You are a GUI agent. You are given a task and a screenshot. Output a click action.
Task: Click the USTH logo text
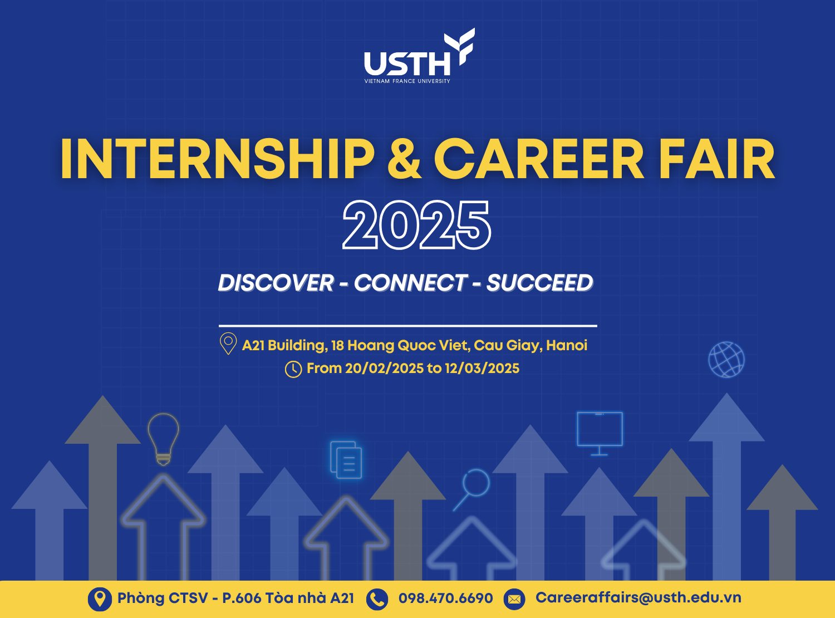[407, 63]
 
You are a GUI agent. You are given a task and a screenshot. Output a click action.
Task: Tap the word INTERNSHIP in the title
[217, 159]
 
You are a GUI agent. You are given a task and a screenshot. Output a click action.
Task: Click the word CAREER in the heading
[539, 159]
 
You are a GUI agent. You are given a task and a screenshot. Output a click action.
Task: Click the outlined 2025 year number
[417, 225]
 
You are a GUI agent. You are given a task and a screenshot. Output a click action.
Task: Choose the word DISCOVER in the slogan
[276, 283]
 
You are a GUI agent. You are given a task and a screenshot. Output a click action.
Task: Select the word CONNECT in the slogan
[410, 283]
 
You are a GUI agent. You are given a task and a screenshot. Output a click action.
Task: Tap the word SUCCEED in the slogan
[539, 283]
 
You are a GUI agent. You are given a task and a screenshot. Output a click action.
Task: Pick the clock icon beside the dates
[293, 369]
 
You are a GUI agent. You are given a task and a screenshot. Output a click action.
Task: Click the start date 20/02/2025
[384, 369]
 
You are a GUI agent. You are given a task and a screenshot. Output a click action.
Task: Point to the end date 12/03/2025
[482, 369]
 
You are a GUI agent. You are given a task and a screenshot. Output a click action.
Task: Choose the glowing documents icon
[346, 460]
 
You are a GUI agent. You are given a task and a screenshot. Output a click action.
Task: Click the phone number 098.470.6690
[445, 598]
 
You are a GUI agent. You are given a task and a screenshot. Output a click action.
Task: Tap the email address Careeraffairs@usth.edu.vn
[638, 597]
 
